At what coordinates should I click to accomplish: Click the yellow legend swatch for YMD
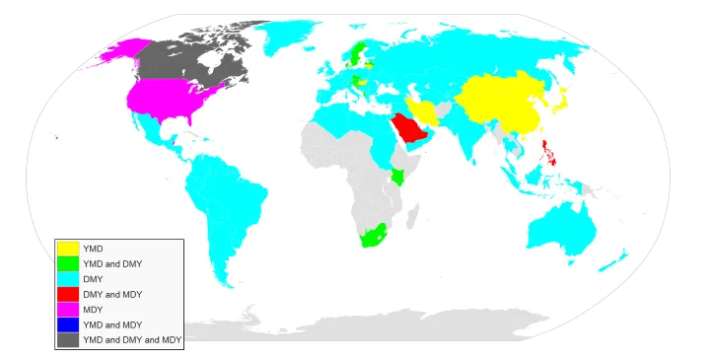pyautogui.click(x=68, y=249)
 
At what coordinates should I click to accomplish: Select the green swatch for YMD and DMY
pyautogui.click(x=68, y=263)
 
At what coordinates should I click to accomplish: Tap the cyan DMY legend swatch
pyautogui.click(x=68, y=279)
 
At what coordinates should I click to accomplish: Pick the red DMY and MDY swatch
pyautogui.click(x=68, y=294)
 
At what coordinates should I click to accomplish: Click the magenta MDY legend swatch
pyautogui.click(x=68, y=309)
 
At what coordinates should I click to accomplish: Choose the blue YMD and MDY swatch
pyautogui.click(x=68, y=324)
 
